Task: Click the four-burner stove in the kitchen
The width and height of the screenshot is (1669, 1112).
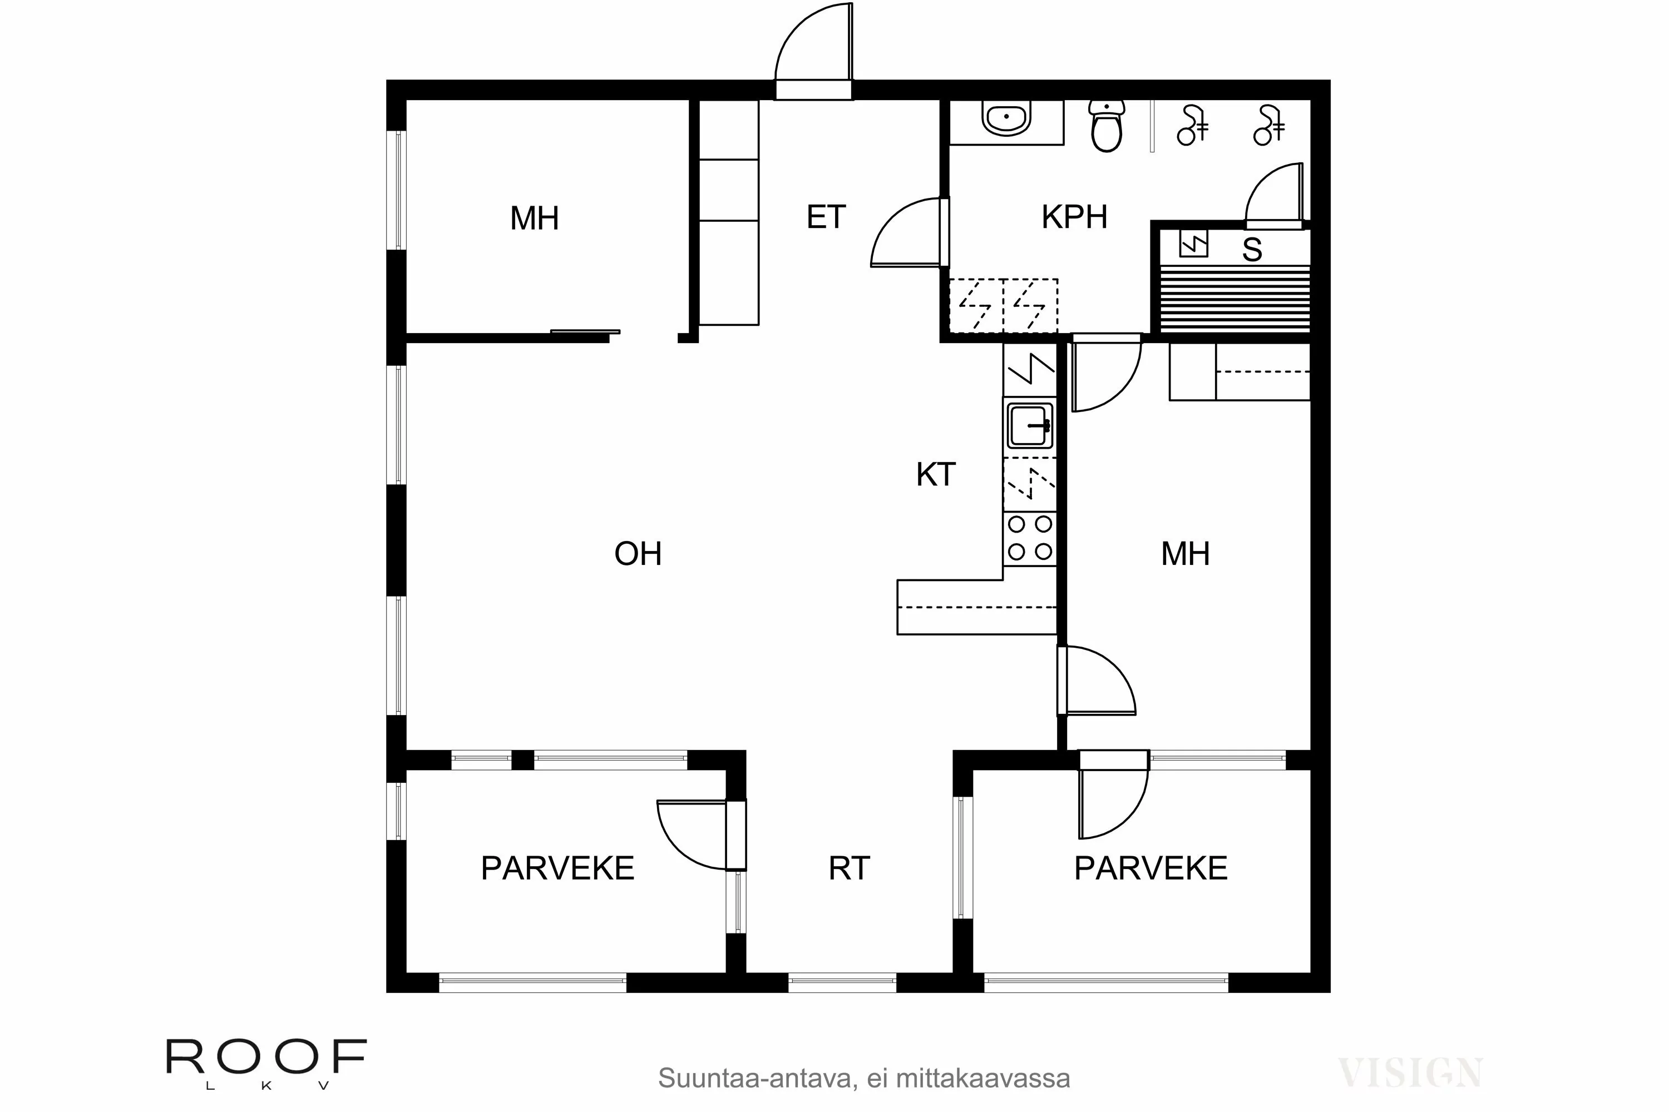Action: click(1030, 538)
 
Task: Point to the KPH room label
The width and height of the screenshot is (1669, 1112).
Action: click(1074, 217)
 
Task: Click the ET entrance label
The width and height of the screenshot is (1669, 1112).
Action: click(826, 217)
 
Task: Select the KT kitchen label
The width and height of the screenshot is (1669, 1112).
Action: click(935, 474)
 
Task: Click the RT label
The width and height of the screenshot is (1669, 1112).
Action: click(849, 868)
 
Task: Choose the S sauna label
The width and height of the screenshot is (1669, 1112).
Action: click(1252, 250)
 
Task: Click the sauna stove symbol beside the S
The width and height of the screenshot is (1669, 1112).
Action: click(1193, 244)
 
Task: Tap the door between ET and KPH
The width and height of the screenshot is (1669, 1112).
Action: click(908, 232)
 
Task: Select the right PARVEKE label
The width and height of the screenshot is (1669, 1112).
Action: click(1150, 868)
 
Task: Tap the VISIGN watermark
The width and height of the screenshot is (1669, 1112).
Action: click(1409, 1073)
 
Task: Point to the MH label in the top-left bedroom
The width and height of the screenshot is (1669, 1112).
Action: click(534, 219)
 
